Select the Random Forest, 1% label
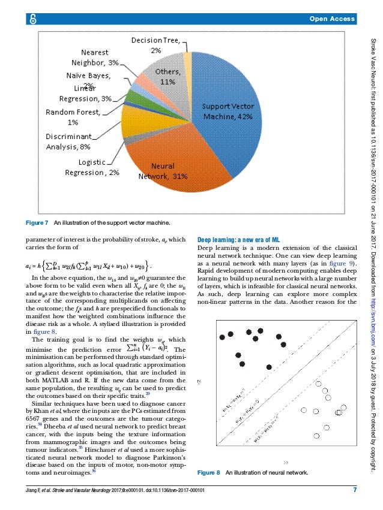point(73,117)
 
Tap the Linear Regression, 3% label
point(81,94)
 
